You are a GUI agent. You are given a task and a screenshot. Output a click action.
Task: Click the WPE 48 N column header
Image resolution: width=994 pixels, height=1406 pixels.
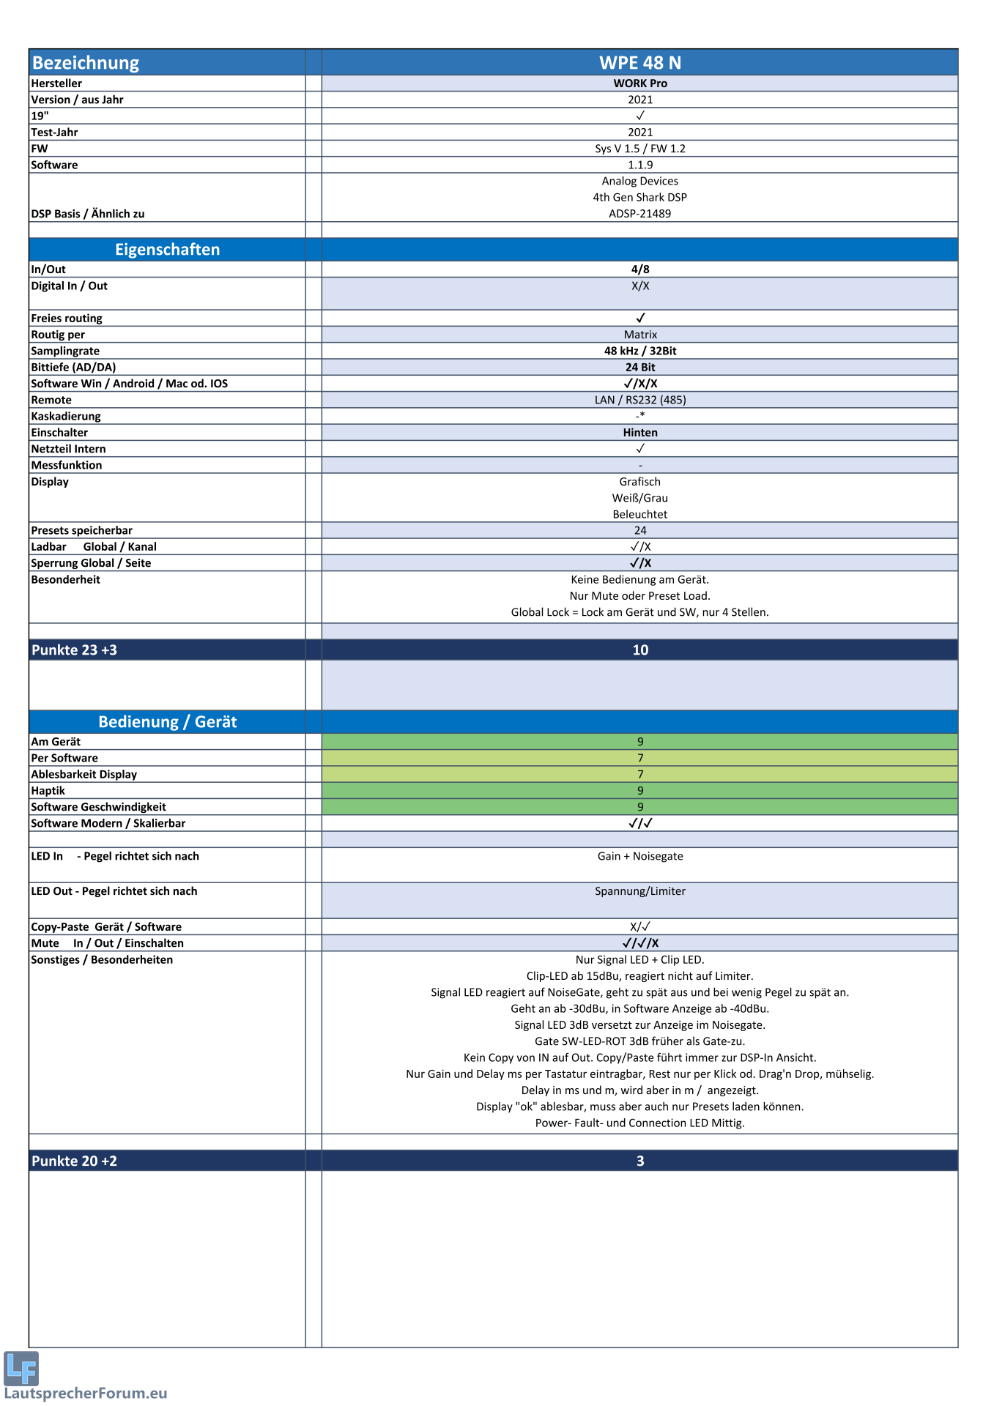(639, 63)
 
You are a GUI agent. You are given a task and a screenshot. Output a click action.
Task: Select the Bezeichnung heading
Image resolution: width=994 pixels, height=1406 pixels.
(86, 63)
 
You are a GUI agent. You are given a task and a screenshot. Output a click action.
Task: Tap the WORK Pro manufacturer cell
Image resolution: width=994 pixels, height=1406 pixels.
(639, 83)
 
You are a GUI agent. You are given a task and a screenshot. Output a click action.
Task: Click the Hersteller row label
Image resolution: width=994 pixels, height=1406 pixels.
(56, 83)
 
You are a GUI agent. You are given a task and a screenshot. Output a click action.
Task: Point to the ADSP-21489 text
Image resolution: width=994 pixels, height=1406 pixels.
(639, 214)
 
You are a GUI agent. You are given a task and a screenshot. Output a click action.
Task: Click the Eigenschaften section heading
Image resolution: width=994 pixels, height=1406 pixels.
(167, 250)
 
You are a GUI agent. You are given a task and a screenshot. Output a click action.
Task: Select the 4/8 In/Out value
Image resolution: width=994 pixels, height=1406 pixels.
(639, 269)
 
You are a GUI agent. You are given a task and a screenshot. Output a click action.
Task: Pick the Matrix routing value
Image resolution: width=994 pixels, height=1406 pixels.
(639, 335)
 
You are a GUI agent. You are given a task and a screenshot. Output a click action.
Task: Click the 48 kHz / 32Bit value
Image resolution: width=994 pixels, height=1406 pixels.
(639, 351)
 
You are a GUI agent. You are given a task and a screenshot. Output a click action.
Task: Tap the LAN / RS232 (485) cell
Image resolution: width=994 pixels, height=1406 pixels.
(639, 400)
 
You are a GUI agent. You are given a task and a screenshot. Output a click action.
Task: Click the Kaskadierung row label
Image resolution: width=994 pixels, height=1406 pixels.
(66, 416)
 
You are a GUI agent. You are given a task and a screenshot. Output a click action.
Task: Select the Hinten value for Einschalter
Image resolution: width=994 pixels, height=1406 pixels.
(639, 433)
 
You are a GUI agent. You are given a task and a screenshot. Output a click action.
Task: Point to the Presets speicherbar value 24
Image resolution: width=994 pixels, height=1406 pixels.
(639, 530)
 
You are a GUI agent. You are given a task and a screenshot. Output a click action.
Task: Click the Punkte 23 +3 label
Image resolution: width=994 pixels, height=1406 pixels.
(74, 650)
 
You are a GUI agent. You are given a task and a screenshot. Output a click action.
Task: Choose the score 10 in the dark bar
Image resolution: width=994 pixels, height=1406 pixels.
(639, 650)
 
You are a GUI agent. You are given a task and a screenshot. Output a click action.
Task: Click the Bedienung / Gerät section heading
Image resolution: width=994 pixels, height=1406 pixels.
(167, 722)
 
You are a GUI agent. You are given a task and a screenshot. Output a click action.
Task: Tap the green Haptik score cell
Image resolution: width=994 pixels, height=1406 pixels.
(639, 791)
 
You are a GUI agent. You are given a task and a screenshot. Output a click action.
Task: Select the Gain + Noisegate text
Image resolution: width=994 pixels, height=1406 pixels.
(639, 856)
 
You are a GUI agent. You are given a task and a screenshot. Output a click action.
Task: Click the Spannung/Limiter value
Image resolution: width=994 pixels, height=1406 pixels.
(639, 891)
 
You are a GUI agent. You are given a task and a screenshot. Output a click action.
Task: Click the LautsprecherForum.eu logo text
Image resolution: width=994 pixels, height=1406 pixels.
(86, 1393)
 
